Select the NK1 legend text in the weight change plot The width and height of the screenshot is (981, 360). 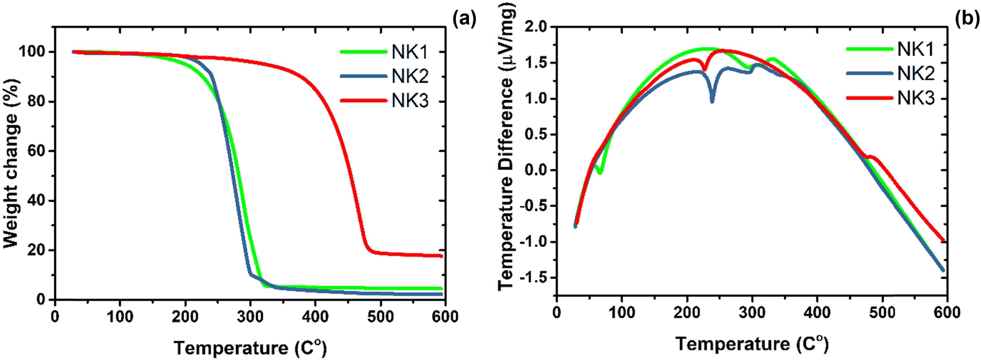pos(410,52)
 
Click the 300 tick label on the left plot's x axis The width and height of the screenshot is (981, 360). pos(250,317)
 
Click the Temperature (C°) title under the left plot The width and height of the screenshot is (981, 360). pos(250,348)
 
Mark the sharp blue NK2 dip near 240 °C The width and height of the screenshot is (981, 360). pos(712,101)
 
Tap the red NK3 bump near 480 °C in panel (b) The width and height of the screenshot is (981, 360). pos(870,156)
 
